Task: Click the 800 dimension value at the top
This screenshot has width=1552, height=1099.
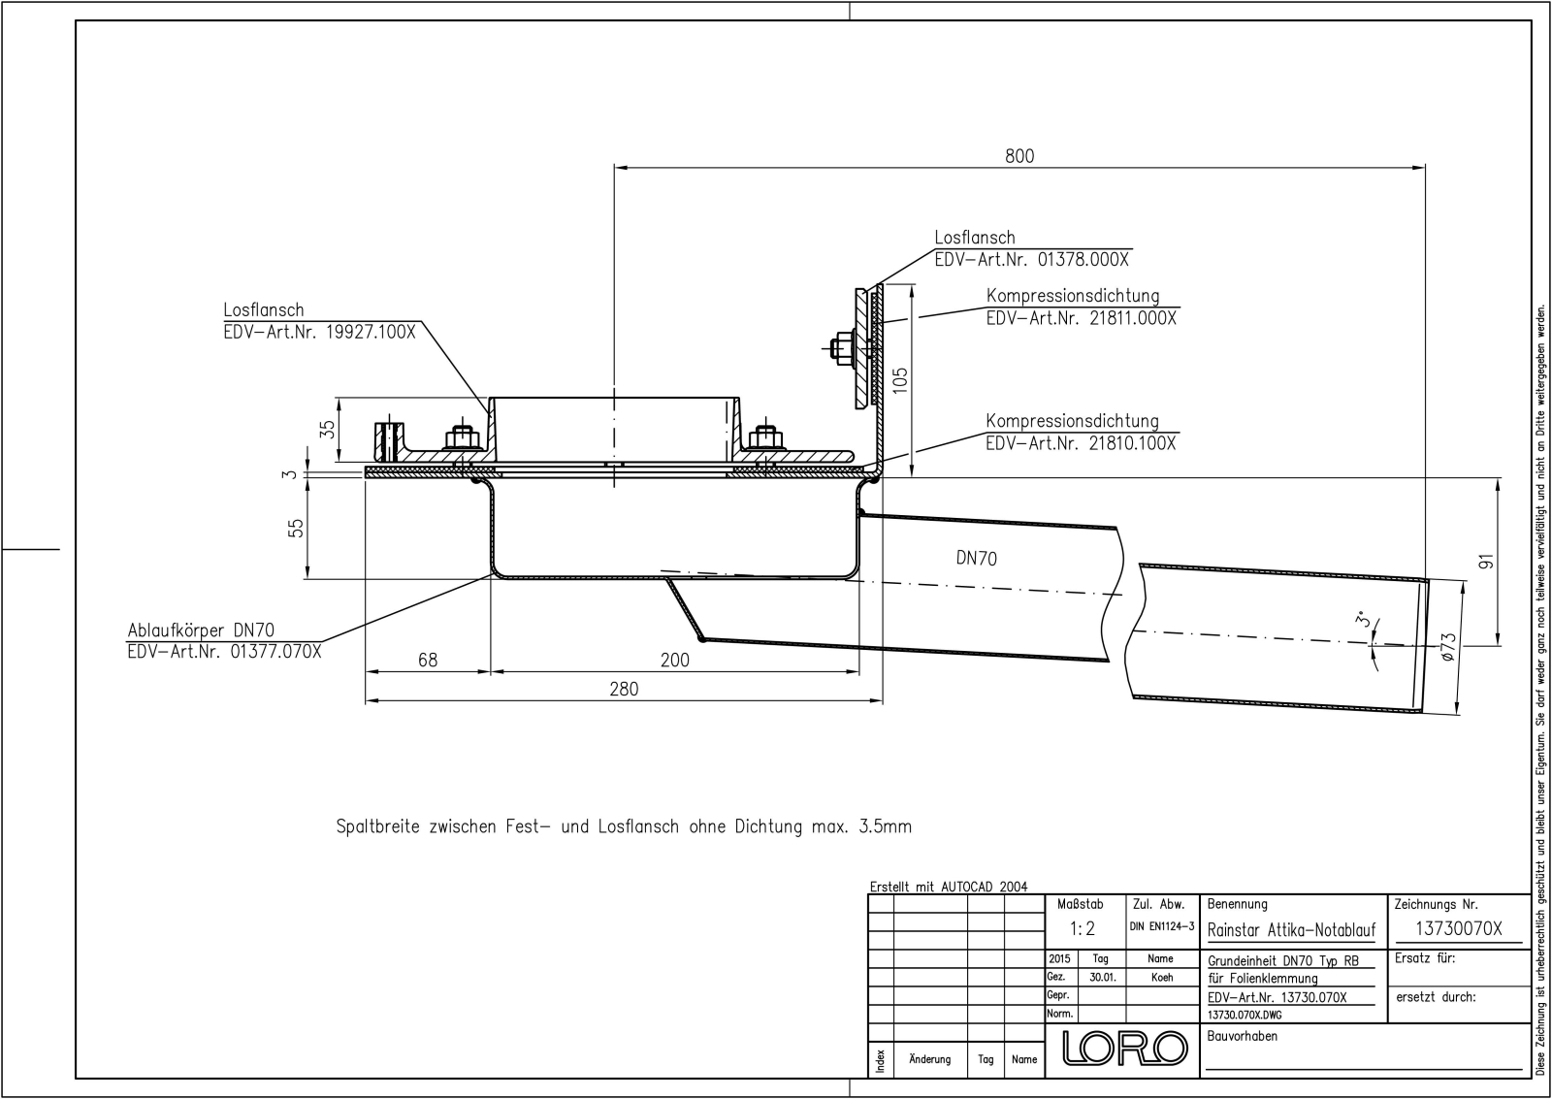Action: tap(1019, 156)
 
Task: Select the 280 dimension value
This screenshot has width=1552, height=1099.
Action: tap(624, 689)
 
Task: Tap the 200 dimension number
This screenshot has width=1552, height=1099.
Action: tap(674, 660)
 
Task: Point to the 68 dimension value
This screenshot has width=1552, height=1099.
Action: tap(428, 660)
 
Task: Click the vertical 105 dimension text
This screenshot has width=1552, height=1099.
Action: tap(900, 379)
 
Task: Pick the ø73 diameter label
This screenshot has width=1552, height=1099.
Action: tap(1447, 647)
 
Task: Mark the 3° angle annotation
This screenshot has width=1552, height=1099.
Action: tap(1364, 619)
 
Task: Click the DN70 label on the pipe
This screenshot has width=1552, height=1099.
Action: tap(976, 558)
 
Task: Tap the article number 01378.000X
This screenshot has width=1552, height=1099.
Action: tap(1083, 260)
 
